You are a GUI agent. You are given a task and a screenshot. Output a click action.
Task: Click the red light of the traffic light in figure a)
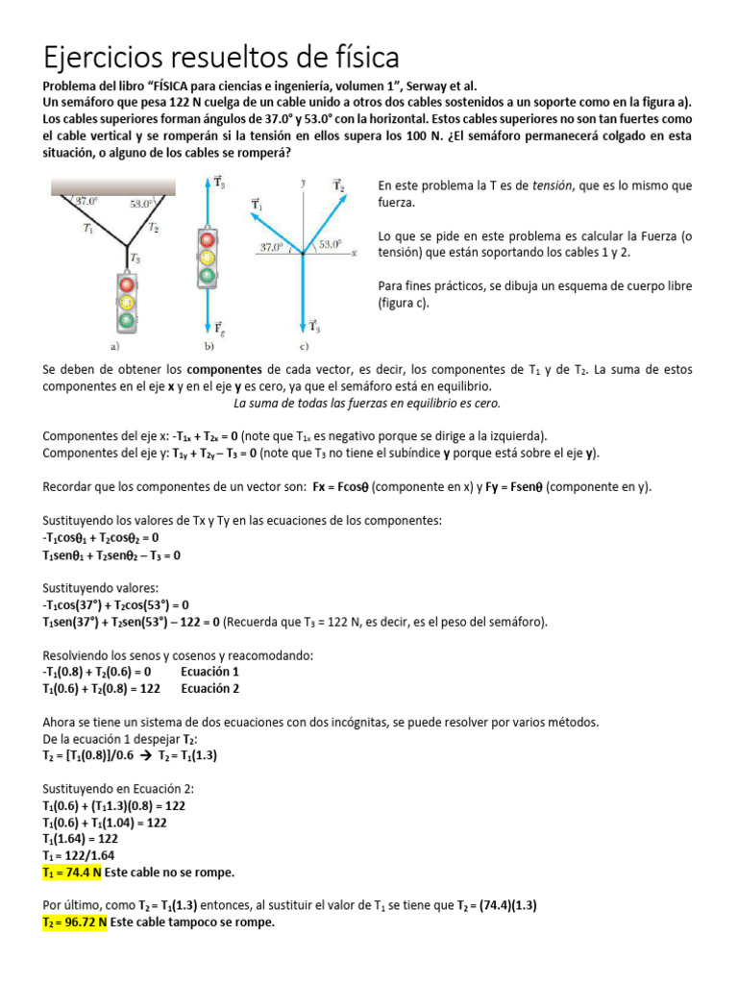(x=125, y=284)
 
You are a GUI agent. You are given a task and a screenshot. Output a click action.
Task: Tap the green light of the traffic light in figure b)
(x=207, y=276)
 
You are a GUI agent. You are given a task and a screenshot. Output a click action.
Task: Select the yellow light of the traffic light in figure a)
(x=125, y=302)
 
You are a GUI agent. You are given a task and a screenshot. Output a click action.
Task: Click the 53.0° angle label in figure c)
(x=331, y=244)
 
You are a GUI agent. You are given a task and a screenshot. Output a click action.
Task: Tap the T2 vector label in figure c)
(x=338, y=184)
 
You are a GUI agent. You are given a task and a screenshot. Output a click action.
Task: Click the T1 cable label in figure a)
(x=87, y=229)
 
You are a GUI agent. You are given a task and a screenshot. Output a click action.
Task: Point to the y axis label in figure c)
(x=303, y=181)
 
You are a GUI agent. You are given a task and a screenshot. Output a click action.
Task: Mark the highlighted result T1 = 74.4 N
(x=75, y=873)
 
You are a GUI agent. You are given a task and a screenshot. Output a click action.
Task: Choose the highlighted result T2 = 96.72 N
(x=75, y=922)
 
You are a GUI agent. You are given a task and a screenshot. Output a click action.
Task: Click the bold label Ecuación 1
(x=209, y=672)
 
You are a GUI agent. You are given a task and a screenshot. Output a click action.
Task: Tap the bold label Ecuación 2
(x=209, y=689)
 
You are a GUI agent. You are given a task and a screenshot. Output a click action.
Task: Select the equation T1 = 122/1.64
(x=85, y=856)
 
